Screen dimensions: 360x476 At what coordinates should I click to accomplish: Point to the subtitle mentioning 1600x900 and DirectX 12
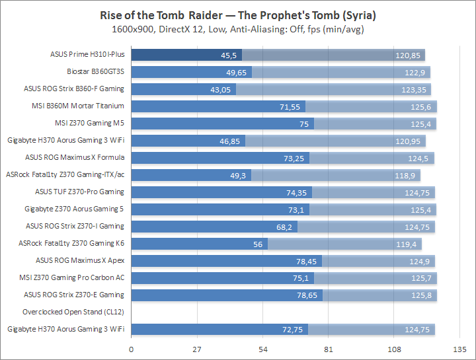point(237,29)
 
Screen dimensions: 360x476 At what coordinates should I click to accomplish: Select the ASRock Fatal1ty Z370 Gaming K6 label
point(71,243)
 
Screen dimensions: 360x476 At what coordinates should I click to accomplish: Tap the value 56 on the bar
point(258,243)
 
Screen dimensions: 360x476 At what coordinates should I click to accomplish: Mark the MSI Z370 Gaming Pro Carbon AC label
point(73,277)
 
